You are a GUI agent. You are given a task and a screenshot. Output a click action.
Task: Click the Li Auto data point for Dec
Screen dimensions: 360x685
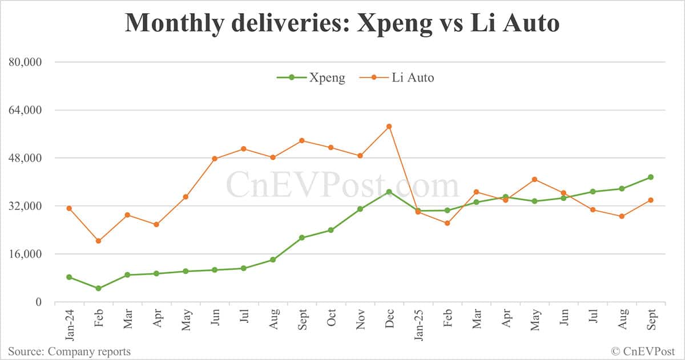[389, 127]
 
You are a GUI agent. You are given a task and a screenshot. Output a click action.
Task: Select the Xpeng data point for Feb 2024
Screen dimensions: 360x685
[98, 289]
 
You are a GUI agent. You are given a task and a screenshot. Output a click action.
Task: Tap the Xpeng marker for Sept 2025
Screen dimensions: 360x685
[651, 177]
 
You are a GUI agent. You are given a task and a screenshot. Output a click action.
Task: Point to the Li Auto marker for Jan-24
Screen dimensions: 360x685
[69, 208]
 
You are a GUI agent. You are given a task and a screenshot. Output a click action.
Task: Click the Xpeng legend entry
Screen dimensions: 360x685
[311, 78]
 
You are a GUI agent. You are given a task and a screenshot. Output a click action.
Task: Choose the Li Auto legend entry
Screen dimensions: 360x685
[397, 78]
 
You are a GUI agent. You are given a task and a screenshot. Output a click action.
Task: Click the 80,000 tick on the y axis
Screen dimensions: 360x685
[27, 62]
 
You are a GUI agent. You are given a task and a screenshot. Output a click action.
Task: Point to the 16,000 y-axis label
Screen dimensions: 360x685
[27, 254]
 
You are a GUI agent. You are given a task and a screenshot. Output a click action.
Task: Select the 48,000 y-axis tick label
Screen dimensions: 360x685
[27, 158]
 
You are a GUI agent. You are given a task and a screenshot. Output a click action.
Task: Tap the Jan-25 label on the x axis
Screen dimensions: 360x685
[418, 323]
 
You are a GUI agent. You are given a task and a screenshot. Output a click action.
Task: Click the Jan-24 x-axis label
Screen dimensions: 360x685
[69, 323]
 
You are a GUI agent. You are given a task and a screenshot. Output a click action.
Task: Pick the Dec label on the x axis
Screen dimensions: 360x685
[389, 320]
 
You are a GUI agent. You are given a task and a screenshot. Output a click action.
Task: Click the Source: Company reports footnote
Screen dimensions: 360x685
[69, 351]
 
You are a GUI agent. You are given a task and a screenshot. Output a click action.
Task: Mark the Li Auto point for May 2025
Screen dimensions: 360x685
[534, 180]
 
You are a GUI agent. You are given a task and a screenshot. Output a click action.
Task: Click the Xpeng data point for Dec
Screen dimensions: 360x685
[389, 192]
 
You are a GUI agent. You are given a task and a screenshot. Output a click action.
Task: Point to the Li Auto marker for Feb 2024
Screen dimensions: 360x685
[98, 241]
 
